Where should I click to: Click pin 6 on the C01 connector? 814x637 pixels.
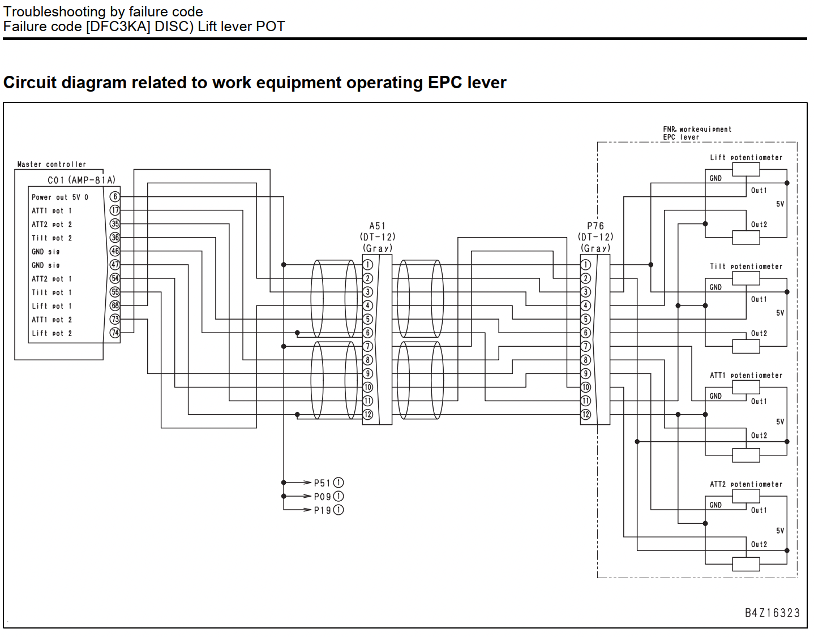pos(115,196)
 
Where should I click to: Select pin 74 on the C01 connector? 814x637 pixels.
pos(115,333)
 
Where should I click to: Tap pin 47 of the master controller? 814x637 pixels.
pos(115,265)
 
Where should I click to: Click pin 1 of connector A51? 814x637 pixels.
pos(368,265)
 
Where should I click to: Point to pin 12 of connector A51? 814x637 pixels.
pos(368,415)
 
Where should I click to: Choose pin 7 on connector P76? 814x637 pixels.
pos(586,347)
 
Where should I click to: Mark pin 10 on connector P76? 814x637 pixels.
pos(586,388)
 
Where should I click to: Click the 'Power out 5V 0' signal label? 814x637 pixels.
pos(60,197)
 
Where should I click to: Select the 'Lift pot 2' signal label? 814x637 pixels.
pos(52,333)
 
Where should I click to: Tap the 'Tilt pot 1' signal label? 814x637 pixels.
pos(52,292)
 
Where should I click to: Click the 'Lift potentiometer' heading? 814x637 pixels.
pos(746,158)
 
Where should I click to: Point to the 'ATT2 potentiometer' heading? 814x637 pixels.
pos(746,484)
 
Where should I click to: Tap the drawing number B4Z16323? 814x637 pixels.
pos(773,613)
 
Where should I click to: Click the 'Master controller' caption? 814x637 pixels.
pos(52,164)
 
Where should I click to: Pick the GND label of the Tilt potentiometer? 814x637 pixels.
pos(716,287)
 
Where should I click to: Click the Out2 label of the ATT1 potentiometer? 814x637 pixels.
pos(759,436)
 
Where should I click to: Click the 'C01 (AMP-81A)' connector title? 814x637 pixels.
pos(82,180)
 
